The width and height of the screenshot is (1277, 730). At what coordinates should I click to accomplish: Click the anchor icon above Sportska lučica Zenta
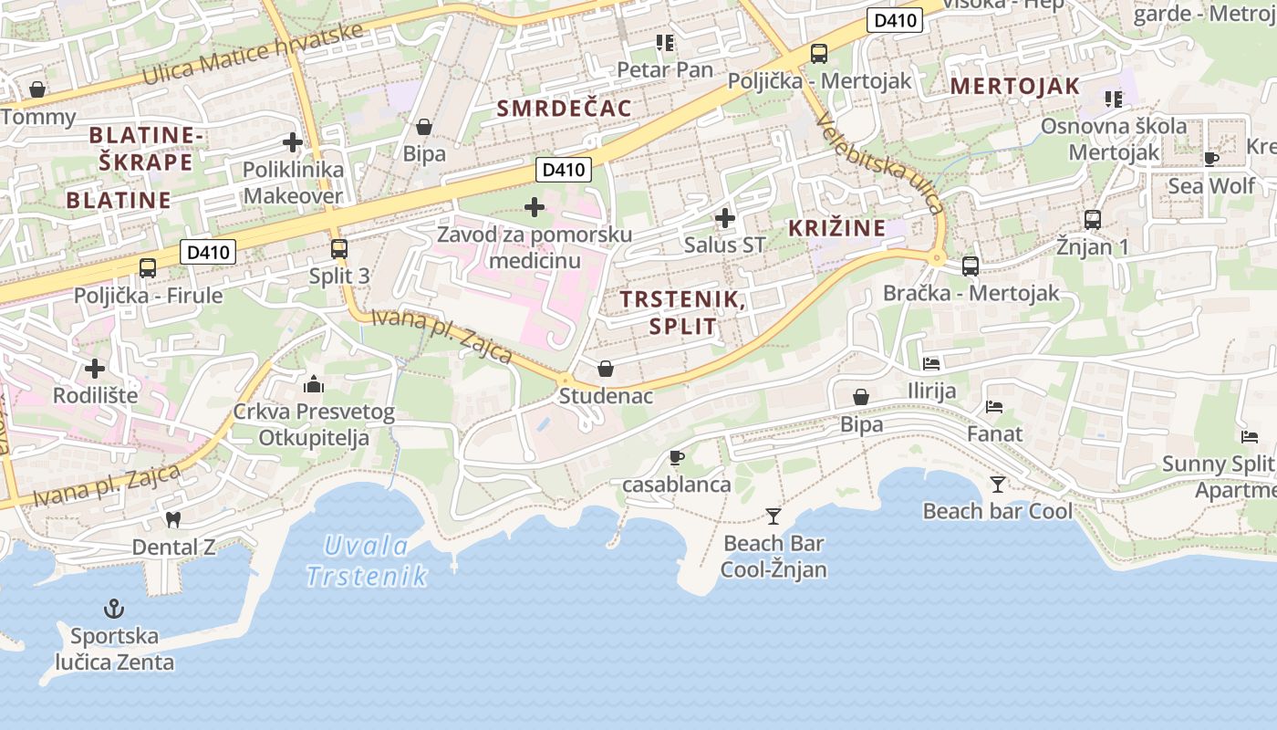(114, 608)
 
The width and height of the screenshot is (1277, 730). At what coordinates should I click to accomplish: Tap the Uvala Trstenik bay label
(367, 560)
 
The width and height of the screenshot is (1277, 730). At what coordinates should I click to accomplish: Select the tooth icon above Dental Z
(173, 519)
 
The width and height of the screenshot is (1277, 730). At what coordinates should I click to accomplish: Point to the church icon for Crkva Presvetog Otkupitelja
(314, 384)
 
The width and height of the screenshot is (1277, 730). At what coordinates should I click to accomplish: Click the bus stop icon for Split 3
(339, 248)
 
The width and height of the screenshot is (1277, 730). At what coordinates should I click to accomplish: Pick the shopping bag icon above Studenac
(605, 369)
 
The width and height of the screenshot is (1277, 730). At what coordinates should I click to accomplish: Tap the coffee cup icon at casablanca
(676, 457)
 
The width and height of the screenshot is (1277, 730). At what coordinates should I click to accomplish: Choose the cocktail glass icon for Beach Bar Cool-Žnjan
(773, 516)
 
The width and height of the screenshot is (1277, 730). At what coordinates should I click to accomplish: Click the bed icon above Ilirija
(931, 363)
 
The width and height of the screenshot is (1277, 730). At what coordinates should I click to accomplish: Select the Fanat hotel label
(994, 433)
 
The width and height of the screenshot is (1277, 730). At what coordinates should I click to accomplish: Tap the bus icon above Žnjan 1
(1093, 219)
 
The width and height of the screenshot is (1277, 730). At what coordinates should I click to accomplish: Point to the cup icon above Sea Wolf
(1211, 159)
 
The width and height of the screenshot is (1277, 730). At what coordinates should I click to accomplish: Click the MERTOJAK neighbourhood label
(1015, 87)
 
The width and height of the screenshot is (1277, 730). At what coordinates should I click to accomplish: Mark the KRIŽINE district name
(837, 228)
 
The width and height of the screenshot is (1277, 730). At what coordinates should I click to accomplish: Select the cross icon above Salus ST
(725, 218)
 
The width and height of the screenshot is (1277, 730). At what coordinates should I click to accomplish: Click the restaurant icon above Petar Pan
(664, 43)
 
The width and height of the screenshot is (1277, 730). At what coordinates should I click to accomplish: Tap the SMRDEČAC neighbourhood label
(564, 109)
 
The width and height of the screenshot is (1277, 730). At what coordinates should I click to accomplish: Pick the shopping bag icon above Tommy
(37, 89)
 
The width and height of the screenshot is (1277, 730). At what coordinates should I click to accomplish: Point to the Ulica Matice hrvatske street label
(253, 52)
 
